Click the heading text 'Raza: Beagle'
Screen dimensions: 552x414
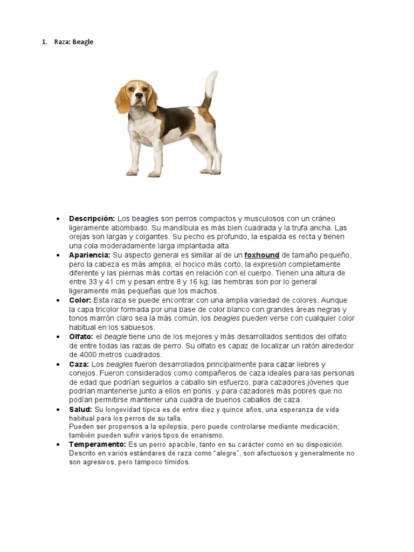(74, 42)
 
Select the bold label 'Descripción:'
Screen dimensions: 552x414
(92, 218)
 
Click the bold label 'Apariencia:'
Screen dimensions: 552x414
(89, 255)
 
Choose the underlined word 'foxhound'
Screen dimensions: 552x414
(261, 255)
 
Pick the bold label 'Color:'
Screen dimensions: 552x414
(80, 300)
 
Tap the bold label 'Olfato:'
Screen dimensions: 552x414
(81, 336)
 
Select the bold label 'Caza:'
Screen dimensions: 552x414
(79, 364)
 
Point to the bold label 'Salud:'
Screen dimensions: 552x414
(80, 410)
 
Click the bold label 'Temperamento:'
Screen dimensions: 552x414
(98, 444)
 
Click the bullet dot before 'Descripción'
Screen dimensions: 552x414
(58, 219)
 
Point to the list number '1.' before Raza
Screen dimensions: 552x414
(45, 42)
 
